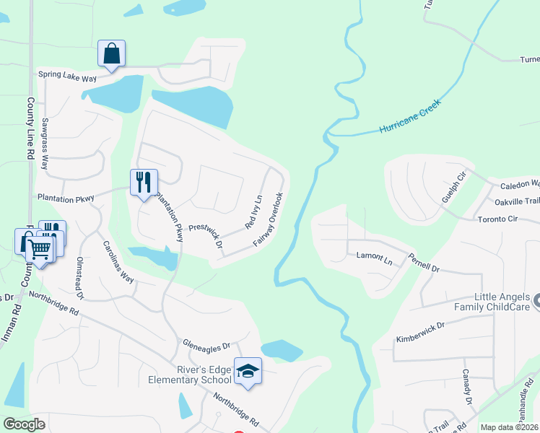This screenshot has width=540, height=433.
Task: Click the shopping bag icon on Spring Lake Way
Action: [x=111, y=53]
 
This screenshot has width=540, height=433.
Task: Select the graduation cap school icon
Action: [x=248, y=371]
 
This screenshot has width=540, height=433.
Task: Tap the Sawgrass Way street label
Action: [x=45, y=144]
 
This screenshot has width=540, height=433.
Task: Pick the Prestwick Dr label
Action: [x=206, y=236]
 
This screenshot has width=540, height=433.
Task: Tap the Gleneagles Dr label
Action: [x=206, y=345]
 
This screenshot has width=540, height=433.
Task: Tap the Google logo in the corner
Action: [x=25, y=424]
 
